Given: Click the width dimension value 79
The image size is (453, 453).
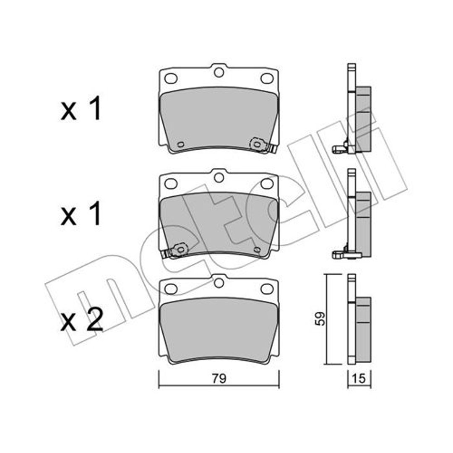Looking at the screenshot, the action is point(219,378).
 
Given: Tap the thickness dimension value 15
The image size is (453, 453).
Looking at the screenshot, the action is point(359,378).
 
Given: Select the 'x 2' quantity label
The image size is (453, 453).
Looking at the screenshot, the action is point(82,320).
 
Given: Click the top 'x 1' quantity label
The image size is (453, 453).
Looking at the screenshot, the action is point(81,109).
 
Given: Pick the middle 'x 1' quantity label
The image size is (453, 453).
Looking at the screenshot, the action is point(81,214).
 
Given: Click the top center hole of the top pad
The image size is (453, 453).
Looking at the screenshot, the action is point(219,73).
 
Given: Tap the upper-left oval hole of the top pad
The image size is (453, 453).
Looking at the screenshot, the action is point(170,78).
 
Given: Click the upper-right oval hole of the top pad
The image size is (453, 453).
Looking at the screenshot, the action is point(267,78).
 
